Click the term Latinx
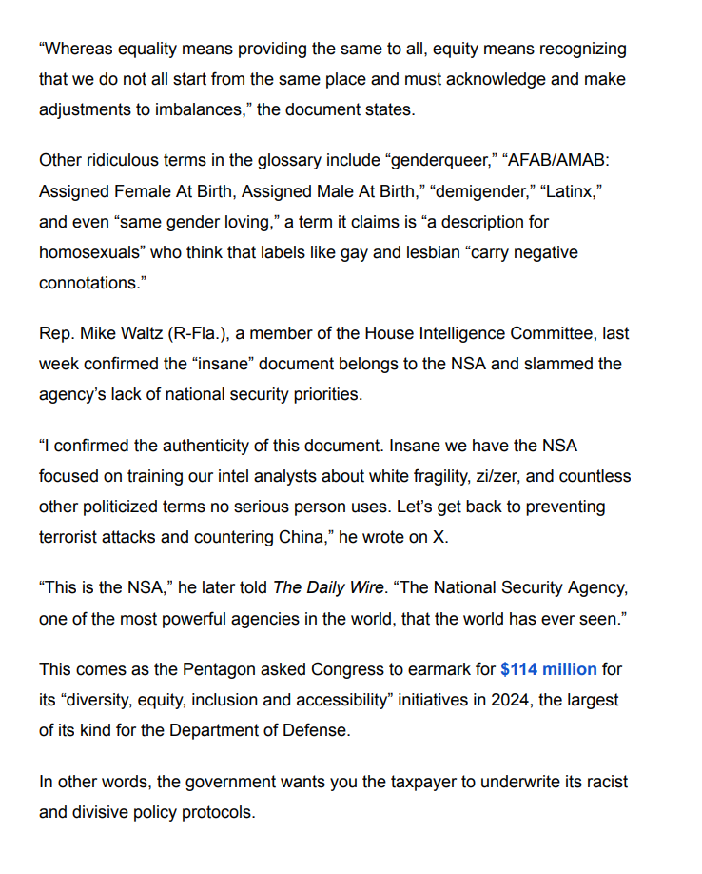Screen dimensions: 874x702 point(573,190)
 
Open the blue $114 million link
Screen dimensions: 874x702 point(549,669)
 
